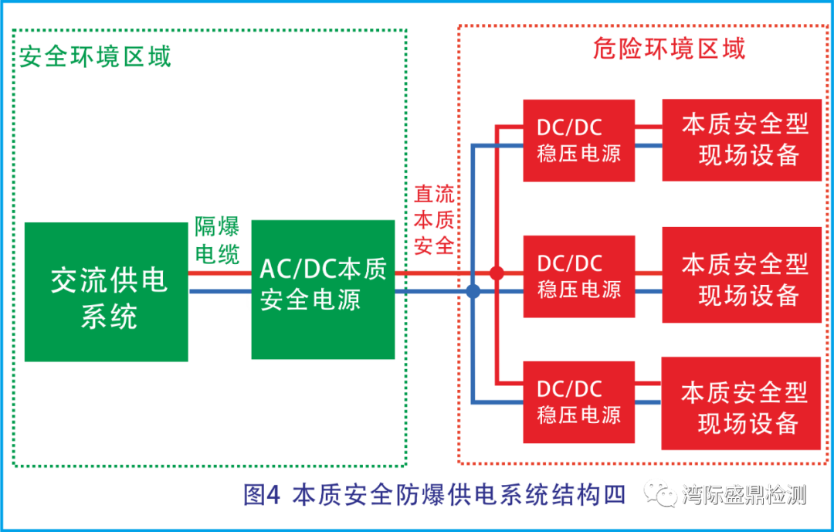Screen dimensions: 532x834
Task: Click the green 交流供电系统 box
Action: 107,292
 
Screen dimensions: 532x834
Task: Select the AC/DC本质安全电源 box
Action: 323,290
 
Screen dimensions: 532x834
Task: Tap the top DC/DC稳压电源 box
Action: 578,141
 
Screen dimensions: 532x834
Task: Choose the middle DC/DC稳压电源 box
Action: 578,276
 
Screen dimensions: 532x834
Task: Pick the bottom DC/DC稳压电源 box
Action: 578,402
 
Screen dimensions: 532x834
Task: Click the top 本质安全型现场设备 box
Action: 741,140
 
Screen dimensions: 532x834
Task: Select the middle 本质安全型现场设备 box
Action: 741,275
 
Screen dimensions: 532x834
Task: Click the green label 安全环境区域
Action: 95,56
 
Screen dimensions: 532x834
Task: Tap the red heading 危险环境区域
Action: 669,49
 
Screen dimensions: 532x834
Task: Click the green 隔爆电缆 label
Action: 217,240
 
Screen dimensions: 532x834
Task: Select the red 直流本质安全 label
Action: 434,220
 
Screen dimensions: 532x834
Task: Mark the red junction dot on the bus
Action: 497,273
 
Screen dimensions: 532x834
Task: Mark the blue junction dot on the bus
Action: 473,291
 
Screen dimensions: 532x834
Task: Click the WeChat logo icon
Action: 661,492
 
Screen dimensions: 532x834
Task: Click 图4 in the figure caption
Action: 261,495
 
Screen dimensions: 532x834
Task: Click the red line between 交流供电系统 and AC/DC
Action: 219,273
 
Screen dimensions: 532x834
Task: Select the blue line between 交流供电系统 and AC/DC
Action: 219,292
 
